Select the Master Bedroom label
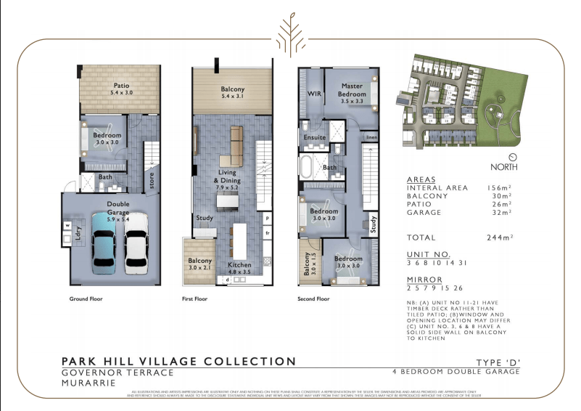tap(352, 90)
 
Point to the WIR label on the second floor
tap(314, 94)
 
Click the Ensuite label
tap(314, 136)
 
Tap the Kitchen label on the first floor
tap(239, 265)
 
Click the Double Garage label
tap(118, 208)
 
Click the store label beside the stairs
tap(152, 180)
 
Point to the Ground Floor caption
tap(86, 298)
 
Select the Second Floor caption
tap(313, 298)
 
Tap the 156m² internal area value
tap(500, 187)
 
